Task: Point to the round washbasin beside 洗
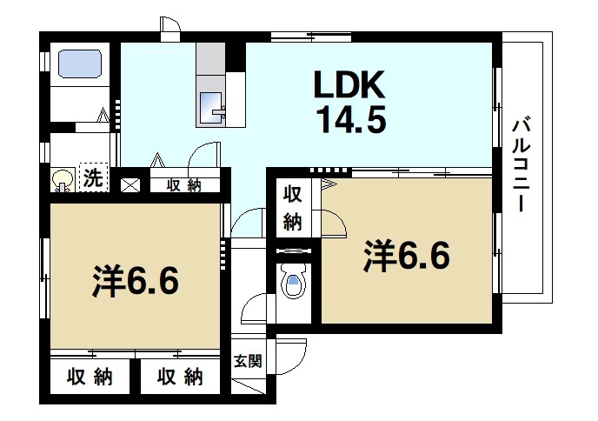[63, 180]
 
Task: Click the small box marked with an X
[130, 184]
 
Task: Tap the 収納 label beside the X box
[183, 184]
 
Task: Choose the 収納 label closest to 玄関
[181, 378]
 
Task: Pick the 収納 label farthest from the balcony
[90, 378]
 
